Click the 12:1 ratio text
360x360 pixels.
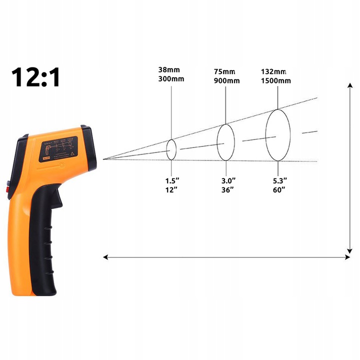click(36, 76)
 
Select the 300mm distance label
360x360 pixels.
click(171, 80)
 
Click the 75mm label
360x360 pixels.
click(225, 71)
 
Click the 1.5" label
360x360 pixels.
click(171, 180)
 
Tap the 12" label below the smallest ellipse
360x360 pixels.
click(171, 190)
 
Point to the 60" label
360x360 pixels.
click(278, 190)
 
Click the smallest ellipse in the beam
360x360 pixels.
click(171, 149)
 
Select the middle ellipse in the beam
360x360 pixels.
click(225, 142)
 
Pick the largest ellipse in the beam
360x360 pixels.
click(277, 135)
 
